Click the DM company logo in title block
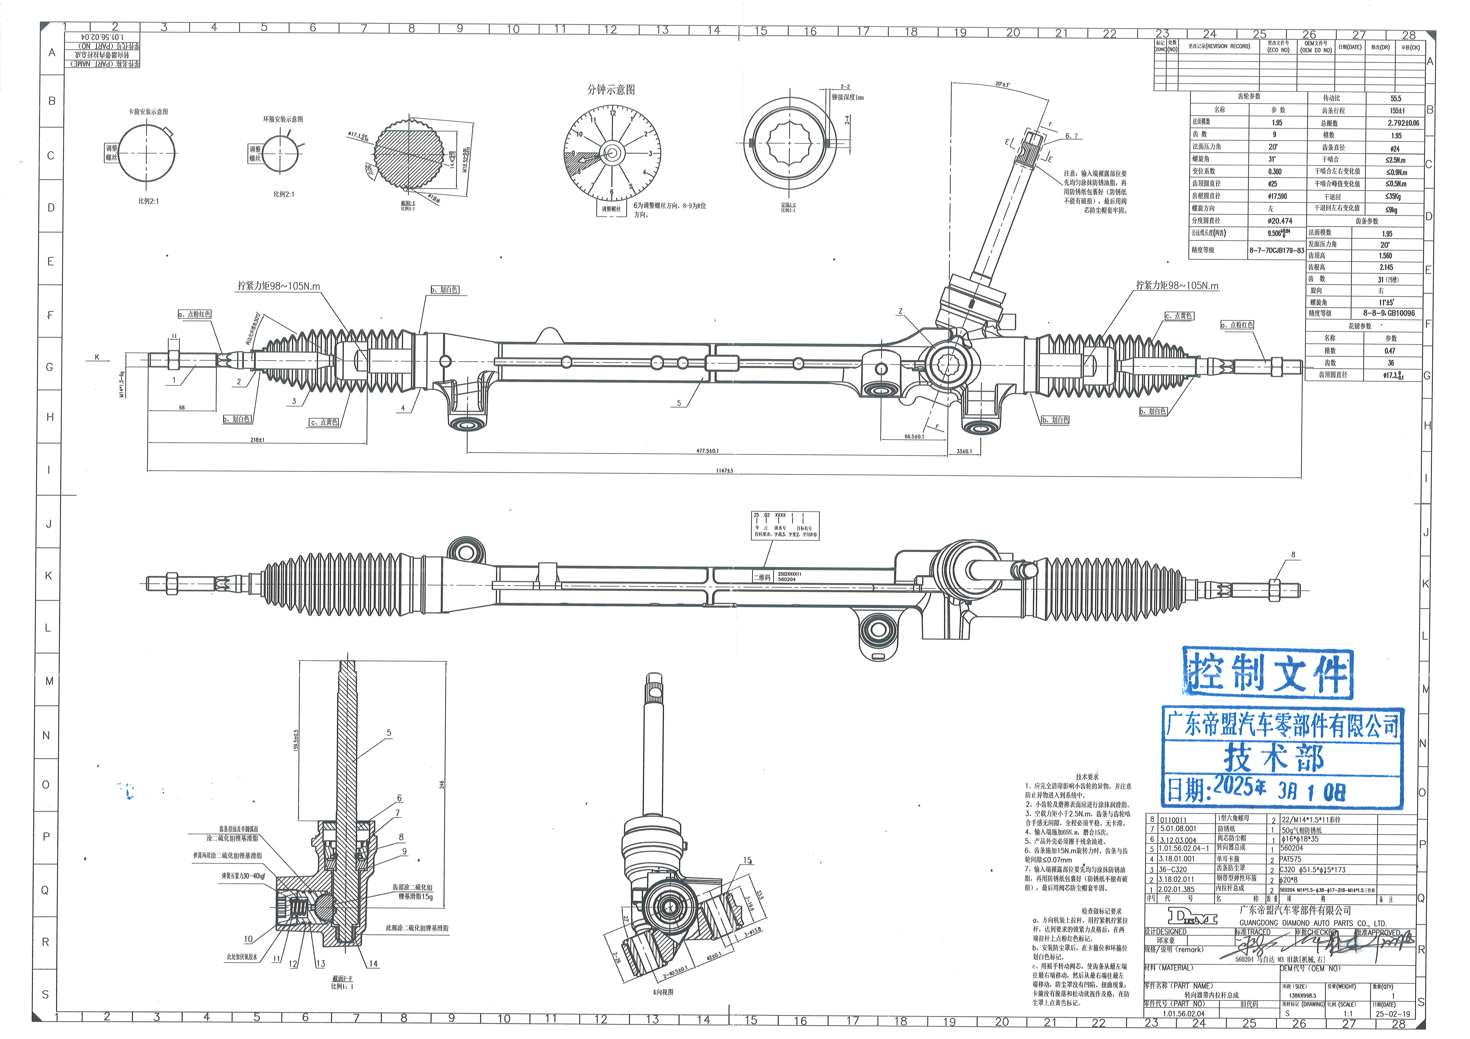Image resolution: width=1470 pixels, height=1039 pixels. click(x=1192, y=916)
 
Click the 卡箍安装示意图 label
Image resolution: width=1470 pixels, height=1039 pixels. click(x=148, y=111)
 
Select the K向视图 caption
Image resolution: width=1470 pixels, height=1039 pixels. click(x=663, y=992)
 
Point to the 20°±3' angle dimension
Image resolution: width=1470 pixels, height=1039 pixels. click(x=1002, y=84)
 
